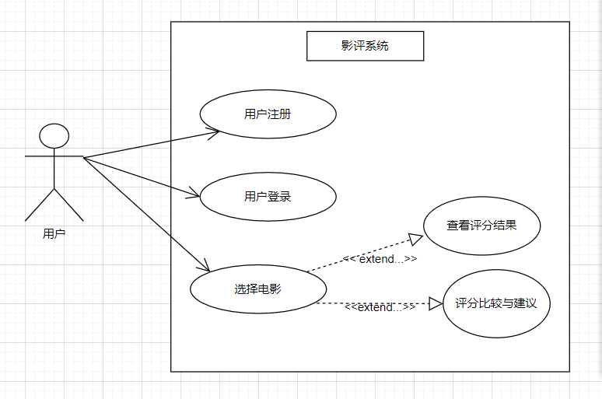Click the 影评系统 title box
[x=365, y=46]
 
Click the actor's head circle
[x=54, y=136]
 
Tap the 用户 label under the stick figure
[x=54, y=233]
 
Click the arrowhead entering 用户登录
[x=194, y=193]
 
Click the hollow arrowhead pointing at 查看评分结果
[x=417, y=240]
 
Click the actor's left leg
[x=40, y=204]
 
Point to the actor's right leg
[x=68, y=204]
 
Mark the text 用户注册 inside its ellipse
[x=268, y=114]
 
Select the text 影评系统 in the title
[x=365, y=46]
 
